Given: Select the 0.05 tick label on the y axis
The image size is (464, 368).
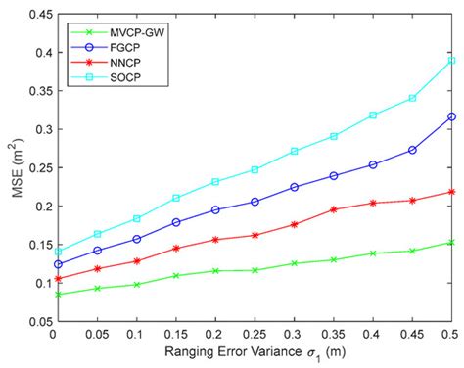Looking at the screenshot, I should click(x=33, y=321).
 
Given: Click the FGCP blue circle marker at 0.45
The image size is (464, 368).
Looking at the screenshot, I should click(x=412, y=150).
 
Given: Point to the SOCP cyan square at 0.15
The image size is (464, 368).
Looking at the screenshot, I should click(x=176, y=198).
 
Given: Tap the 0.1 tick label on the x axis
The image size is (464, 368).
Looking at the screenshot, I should click(x=136, y=336).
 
